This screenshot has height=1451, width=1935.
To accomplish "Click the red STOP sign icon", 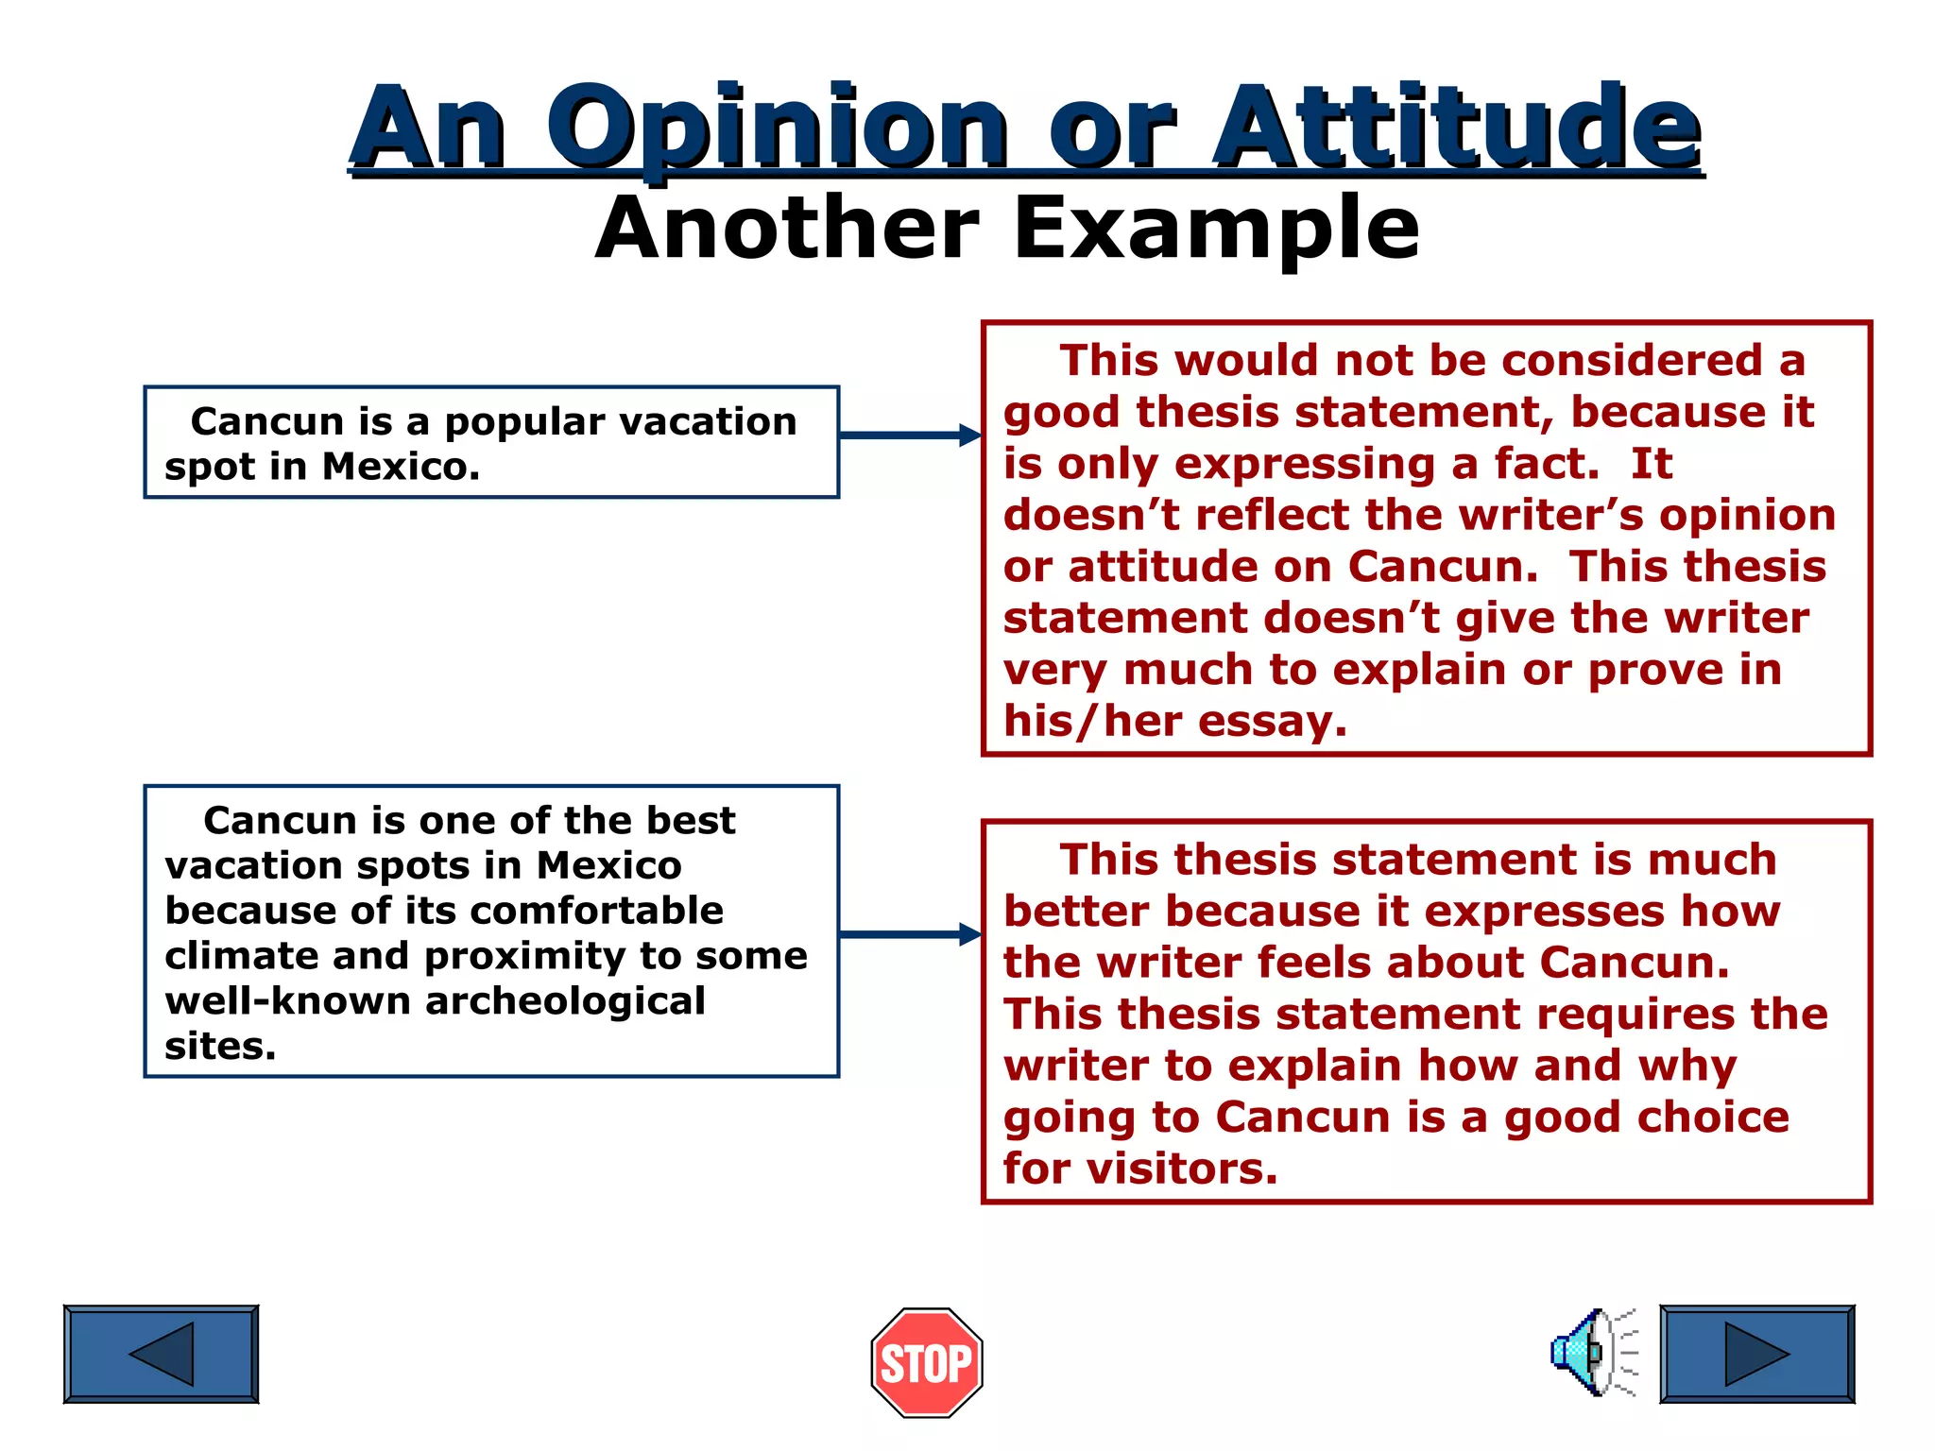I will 926,1362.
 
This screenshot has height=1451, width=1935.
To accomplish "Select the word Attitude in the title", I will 1457,128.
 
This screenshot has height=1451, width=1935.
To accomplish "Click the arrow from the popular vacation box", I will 909,435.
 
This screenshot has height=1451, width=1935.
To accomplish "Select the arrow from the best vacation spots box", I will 909,934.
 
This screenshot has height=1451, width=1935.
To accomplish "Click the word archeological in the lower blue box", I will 564,1001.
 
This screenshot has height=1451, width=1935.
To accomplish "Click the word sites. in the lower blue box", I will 220,1047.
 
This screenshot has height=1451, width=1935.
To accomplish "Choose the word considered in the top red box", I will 1632,361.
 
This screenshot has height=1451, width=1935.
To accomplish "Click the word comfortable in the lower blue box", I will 596,911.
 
